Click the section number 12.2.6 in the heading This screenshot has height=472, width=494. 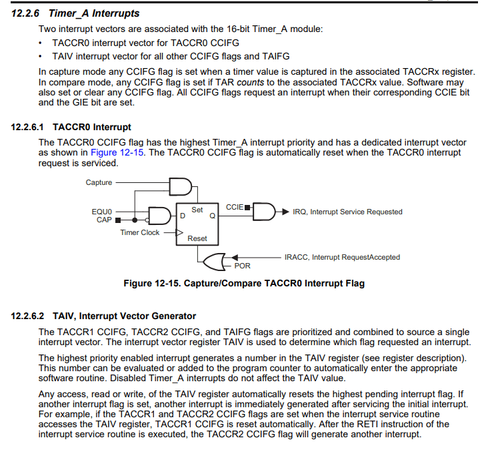pyautogui.click(x=27, y=13)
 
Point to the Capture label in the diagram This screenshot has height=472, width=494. pyautogui.click(x=99, y=182)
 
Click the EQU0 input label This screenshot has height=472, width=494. pyautogui.click(x=102, y=212)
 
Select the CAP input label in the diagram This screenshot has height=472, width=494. pyautogui.click(x=104, y=220)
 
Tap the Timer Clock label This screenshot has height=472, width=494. pyautogui.click(x=140, y=232)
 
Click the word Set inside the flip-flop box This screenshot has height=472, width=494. pyautogui.click(x=197, y=210)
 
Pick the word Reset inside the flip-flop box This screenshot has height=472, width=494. pyautogui.click(x=197, y=238)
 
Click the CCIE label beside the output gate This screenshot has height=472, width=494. pyautogui.click(x=235, y=207)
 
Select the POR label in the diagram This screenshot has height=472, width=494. pyautogui.click(x=242, y=266)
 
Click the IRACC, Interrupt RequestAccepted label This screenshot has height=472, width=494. pyautogui.click(x=342, y=257)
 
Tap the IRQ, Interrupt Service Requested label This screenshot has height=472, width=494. pyautogui.click(x=347, y=212)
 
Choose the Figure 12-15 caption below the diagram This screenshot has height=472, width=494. pyautogui.click(x=244, y=283)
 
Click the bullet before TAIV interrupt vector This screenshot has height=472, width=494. pyautogui.click(x=42, y=56)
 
